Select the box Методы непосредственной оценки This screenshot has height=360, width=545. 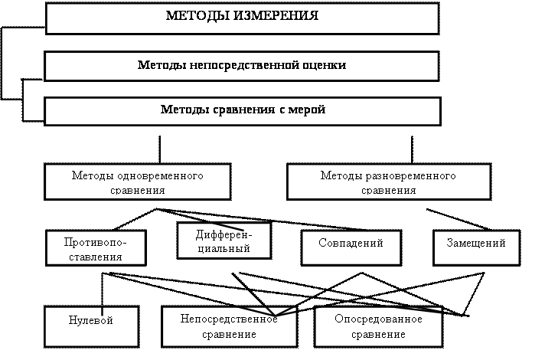(x=242, y=66)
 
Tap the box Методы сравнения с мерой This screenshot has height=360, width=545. (x=242, y=110)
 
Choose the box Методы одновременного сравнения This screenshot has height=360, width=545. (x=138, y=182)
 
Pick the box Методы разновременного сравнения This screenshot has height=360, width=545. (x=388, y=182)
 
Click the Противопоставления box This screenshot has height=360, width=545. (x=95, y=248)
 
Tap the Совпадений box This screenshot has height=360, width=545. (x=351, y=247)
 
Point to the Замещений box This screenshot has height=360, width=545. (x=476, y=247)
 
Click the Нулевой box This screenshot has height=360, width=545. (x=91, y=326)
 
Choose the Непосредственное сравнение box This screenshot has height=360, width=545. (x=229, y=327)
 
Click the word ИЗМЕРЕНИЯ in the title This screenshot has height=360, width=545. (x=273, y=16)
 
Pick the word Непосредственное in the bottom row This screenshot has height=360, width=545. (x=229, y=319)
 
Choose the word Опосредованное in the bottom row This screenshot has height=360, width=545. (x=379, y=319)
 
